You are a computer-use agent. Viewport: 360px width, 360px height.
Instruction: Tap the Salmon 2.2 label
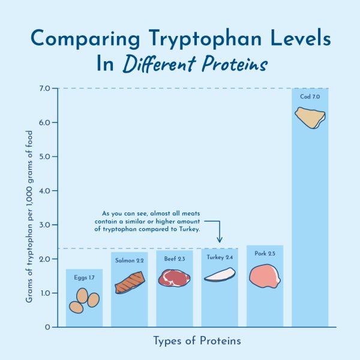pos(129,260)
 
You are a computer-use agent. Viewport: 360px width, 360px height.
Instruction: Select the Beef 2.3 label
pos(174,259)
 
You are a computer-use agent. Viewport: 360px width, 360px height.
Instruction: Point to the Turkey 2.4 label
pos(219,257)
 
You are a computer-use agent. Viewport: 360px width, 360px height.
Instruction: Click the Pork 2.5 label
pos(265,254)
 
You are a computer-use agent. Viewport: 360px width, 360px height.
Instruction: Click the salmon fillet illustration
pos(129,283)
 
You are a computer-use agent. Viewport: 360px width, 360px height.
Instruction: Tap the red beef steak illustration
pos(174,278)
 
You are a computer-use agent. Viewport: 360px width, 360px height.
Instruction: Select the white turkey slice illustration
pos(219,275)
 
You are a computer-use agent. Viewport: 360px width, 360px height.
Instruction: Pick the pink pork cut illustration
pos(265,276)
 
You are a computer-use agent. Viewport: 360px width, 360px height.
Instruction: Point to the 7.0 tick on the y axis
pos(45,89)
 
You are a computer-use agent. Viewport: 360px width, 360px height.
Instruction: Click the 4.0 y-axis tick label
pos(45,191)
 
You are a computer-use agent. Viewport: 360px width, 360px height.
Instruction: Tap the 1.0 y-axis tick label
pos(45,293)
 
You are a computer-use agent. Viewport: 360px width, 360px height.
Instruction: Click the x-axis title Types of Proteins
pos(197,341)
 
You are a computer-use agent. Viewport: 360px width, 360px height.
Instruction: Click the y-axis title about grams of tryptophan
pos(29,207)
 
